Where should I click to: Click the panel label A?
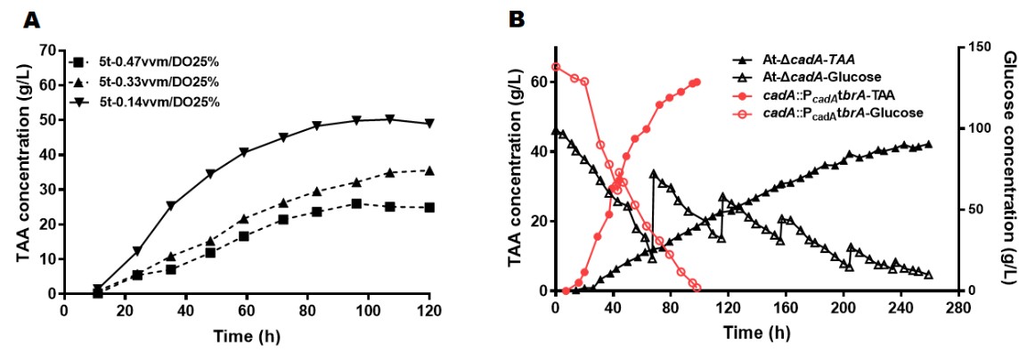coord(32,18)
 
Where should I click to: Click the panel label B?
coord(514,18)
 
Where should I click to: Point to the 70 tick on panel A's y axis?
coord(50,50)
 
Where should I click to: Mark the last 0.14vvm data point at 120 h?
coord(429,123)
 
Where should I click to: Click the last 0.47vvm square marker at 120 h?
coord(429,208)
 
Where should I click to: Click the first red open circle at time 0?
coord(556,66)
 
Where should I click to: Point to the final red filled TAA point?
coord(697,82)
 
